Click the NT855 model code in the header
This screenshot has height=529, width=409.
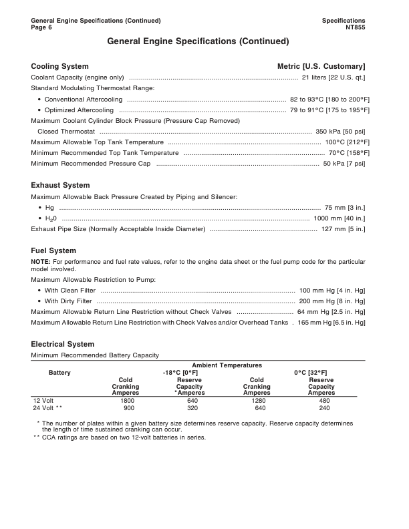coord(354,27)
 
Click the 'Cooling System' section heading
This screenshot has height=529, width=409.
coord(59,66)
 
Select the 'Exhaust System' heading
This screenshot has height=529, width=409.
coord(60,185)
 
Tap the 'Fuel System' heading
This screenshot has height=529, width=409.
coord(53,250)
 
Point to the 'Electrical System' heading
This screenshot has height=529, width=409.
coord(63,344)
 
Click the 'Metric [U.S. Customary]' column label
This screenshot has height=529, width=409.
coord(321,66)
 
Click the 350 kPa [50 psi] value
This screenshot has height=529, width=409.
coord(340,132)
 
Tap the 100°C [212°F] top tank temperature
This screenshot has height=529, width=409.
coord(345,142)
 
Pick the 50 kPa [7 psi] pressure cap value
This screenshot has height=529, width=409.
coord(344,164)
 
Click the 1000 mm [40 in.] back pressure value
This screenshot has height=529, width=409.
coord(339,218)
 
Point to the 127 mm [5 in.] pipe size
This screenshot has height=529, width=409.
coord(343,229)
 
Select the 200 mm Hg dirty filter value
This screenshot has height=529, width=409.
coord(331,301)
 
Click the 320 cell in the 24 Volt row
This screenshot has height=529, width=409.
coord(192,407)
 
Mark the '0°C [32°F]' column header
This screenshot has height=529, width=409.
coord(310,372)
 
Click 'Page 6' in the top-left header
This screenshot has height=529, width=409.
coord(41,27)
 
